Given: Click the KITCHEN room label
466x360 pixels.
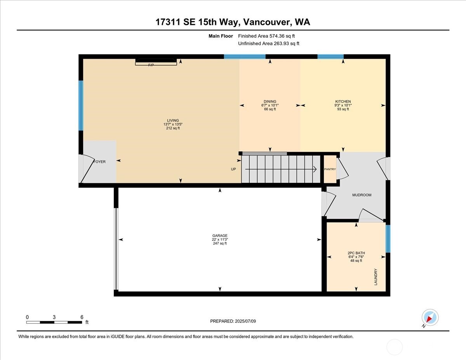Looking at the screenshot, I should (343, 102).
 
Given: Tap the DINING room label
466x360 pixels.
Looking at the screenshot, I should (270, 102).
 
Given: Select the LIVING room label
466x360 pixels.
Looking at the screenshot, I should (173, 120).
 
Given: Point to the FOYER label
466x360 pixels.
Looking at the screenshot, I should (100, 162).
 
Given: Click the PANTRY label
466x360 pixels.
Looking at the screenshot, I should (330, 169).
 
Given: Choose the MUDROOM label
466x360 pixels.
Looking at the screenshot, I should (362, 195).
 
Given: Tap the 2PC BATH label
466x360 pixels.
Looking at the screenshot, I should (356, 253).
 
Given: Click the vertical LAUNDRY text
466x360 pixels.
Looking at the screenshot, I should (376, 277).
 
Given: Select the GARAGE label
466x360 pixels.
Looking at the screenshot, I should (220, 236).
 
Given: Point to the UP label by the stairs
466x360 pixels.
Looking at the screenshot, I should (233, 169).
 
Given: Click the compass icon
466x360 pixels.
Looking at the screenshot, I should (430, 317).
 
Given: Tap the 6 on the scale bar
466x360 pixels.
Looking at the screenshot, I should (82, 317).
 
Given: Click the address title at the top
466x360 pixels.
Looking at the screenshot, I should (233, 22).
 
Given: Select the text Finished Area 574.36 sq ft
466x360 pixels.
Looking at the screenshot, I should (263, 36).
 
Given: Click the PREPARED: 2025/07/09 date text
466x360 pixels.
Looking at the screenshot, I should (233, 321).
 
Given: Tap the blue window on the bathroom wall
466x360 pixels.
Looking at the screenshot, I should (388, 238).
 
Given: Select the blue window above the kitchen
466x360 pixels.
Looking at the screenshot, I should (330, 57).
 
